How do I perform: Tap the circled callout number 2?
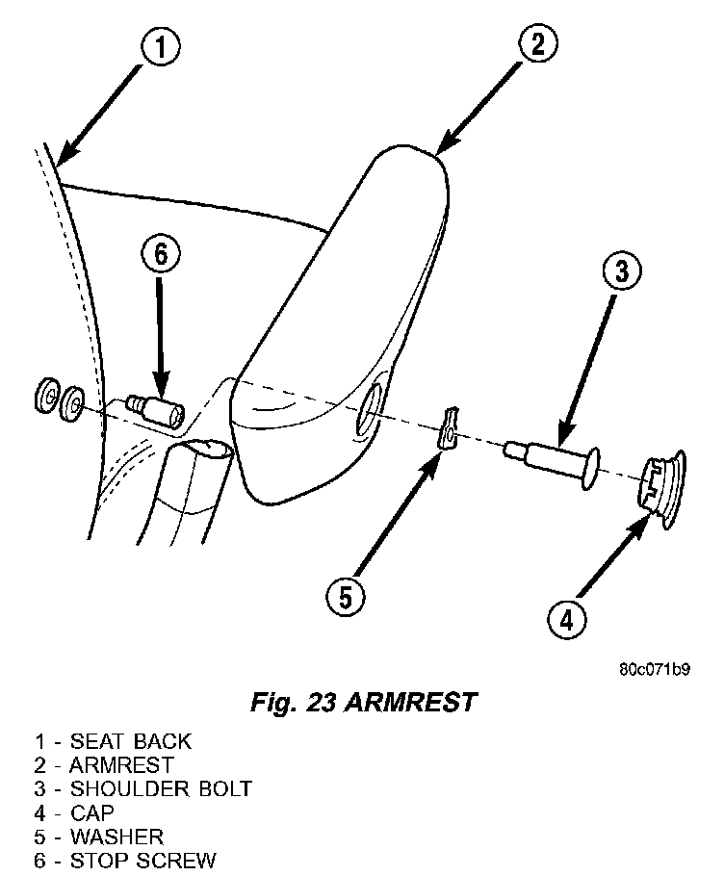536,43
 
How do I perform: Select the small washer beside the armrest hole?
448,429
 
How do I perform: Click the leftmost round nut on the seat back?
45,396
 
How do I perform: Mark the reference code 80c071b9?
654,669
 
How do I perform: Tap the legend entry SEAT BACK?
130,741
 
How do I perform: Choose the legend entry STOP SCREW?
142,861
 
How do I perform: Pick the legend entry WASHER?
116,837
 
